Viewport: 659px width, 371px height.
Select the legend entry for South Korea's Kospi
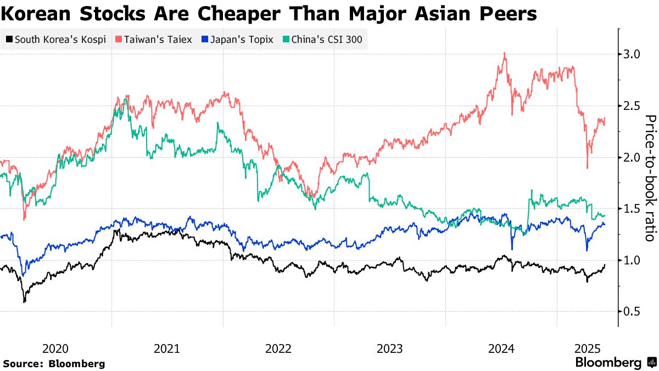55,40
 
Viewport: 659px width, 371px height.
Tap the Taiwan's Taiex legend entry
154,40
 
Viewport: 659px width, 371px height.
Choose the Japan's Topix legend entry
237,40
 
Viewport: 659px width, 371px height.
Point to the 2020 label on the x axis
55,348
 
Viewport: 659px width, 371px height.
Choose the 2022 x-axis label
278,348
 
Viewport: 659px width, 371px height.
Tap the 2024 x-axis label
501,348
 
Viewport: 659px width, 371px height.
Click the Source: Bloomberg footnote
54,363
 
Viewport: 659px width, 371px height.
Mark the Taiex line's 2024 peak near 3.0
504,53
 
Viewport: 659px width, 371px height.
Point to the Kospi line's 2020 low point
24,302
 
